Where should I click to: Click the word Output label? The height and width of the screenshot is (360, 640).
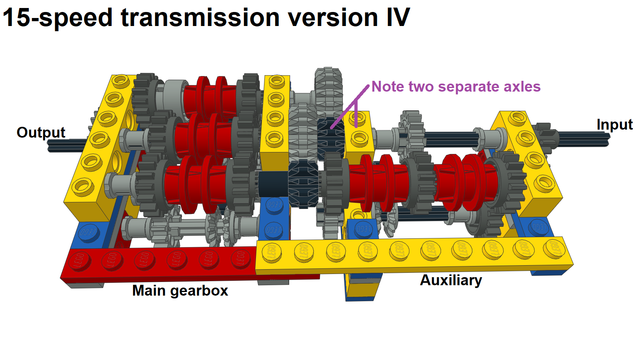pyautogui.click(x=41, y=132)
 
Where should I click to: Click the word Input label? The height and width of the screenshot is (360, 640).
pyautogui.click(x=614, y=124)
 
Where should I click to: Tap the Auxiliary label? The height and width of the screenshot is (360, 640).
pyautogui.click(x=451, y=280)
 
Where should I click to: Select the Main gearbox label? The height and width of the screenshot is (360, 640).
pyautogui.click(x=180, y=290)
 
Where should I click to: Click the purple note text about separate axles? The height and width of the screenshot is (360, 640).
pyautogui.click(x=456, y=87)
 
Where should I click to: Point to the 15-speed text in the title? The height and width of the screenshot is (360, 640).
pyautogui.click(x=58, y=18)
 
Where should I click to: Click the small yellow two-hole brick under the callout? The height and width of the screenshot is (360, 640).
pyautogui.click(x=359, y=130)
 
